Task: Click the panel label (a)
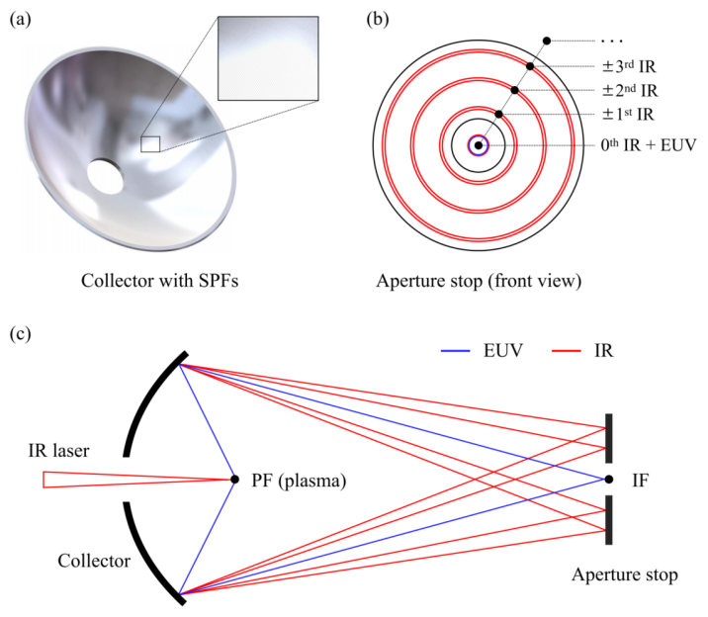[23, 18]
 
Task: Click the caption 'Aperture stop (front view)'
[479, 280]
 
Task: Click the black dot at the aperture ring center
[479, 145]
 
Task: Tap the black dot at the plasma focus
[234, 480]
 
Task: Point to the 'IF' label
[640, 480]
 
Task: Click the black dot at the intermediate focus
[606, 480]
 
